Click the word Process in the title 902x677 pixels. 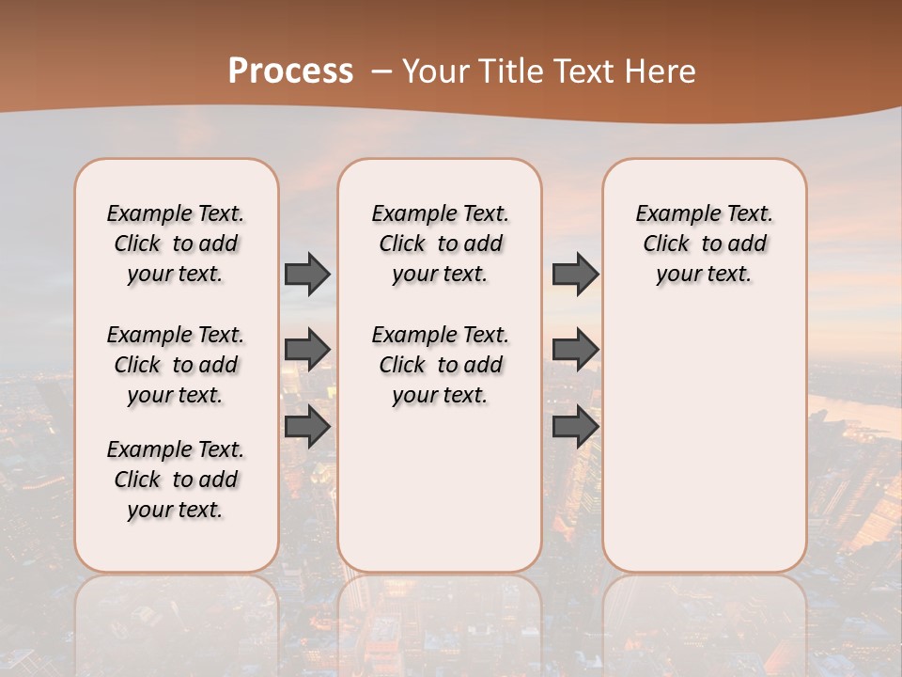click(290, 71)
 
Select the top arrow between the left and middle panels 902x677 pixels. click(307, 274)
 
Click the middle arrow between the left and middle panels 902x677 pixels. click(307, 350)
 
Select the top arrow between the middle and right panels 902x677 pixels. click(575, 274)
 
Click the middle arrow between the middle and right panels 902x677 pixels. click(575, 350)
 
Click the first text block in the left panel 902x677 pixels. click(176, 244)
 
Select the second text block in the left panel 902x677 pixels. click(176, 365)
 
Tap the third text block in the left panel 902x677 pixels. click(176, 480)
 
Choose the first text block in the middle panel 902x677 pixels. click(440, 244)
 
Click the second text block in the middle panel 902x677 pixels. click(440, 365)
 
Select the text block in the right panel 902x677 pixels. click(704, 244)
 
